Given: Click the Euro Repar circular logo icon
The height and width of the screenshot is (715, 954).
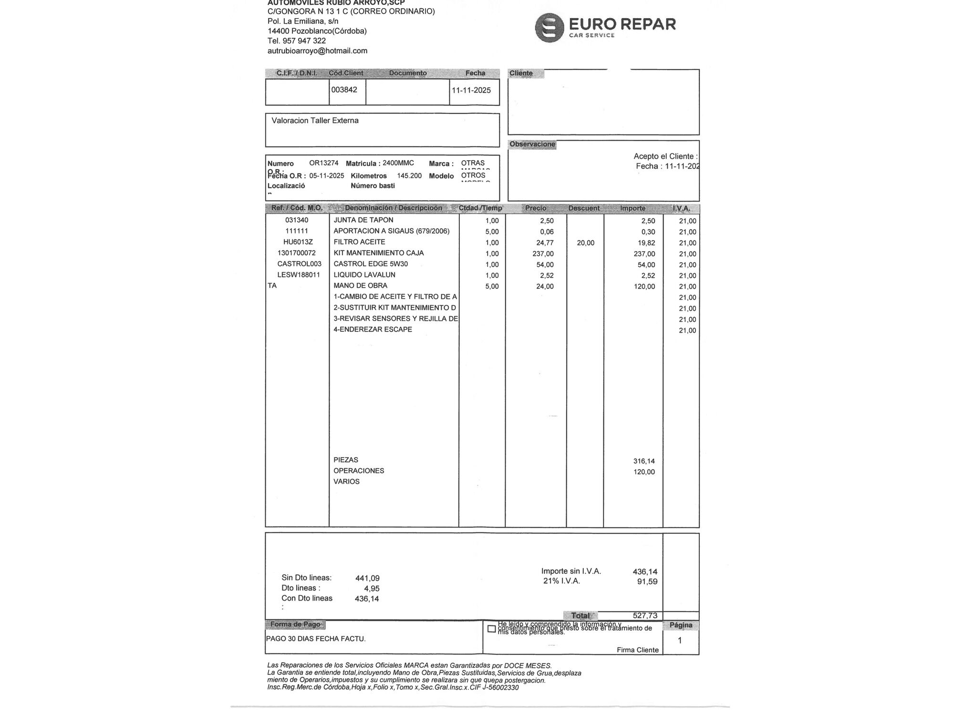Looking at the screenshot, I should (x=550, y=28).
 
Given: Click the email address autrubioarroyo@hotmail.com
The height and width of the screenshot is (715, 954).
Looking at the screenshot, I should (x=317, y=51).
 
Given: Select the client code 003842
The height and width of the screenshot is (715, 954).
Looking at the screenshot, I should (x=344, y=90).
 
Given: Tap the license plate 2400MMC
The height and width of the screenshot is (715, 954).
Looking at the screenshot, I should (x=398, y=163).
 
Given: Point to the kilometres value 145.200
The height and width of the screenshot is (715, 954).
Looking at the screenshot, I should (x=409, y=176).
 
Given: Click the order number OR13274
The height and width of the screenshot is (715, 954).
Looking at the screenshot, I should (x=323, y=163).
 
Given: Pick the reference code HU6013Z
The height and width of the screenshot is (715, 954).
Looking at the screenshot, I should (x=298, y=242).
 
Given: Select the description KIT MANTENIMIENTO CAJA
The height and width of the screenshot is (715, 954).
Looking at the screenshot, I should (x=378, y=253).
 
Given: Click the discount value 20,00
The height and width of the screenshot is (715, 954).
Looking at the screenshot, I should (x=585, y=243).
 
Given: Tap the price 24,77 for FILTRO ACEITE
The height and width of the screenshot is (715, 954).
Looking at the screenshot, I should (x=545, y=243).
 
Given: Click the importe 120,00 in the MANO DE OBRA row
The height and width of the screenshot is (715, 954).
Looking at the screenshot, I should (x=644, y=287).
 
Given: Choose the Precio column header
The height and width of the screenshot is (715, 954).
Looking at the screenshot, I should (x=536, y=208).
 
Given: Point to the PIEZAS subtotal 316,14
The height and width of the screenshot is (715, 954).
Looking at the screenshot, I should (x=644, y=461).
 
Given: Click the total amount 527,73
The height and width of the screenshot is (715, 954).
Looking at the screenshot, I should (x=645, y=616).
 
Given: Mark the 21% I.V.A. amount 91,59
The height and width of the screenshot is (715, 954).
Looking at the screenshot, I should (x=647, y=582).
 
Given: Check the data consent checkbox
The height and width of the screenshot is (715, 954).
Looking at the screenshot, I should (x=491, y=629).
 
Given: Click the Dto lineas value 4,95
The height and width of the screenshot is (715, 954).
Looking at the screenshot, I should (x=372, y=589).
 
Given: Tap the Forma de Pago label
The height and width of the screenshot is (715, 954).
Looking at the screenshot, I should (x=295, y=624).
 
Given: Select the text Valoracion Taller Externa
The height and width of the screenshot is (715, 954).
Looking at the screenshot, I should (x=315, y=121).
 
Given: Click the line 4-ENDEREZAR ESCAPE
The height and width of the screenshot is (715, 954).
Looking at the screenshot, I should (x=373, y=330).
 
